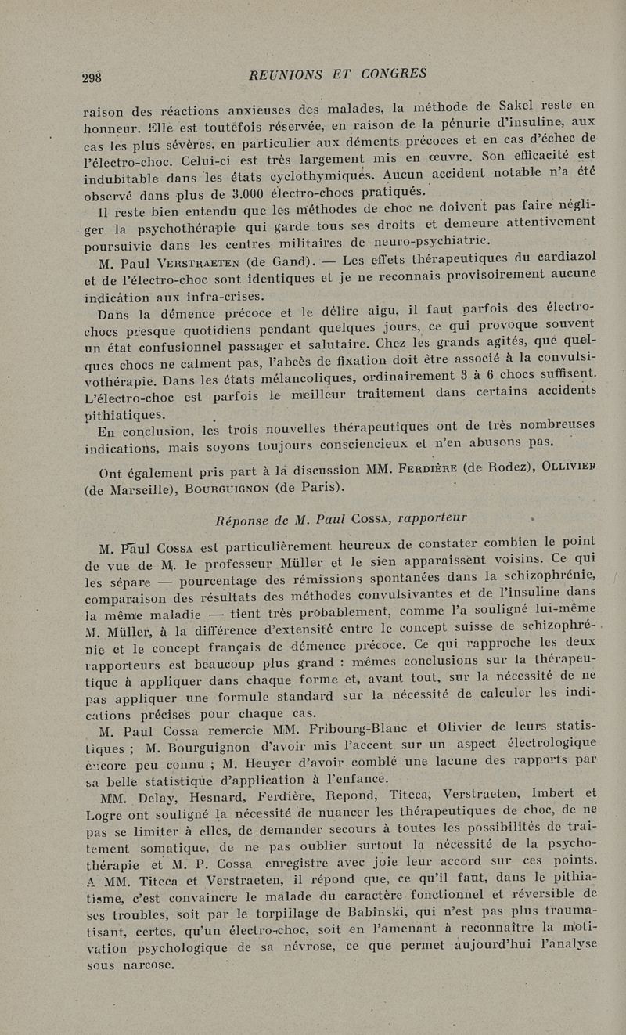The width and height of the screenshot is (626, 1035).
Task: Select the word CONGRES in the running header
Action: tap(388, 73)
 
